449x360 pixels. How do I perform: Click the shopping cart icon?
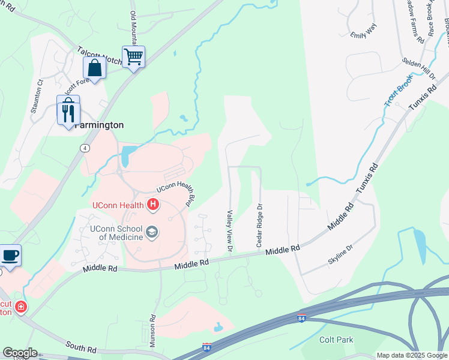click(x=133, y=58)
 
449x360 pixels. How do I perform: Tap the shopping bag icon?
click(x=95, y=67)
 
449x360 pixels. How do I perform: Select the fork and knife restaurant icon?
click(x=68, y=112)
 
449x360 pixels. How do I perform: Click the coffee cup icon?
click(x=10, y=255)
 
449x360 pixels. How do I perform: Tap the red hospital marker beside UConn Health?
click(x=153, y=205)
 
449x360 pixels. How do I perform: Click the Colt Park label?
click(x=336, y=340)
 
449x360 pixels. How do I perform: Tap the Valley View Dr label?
click(x=229, y=230)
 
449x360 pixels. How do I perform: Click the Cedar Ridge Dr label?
click(x=260, y=224)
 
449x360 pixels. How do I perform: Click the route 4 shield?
click(x=86, y=147)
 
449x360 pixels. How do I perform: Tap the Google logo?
click(x=20, y=353)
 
